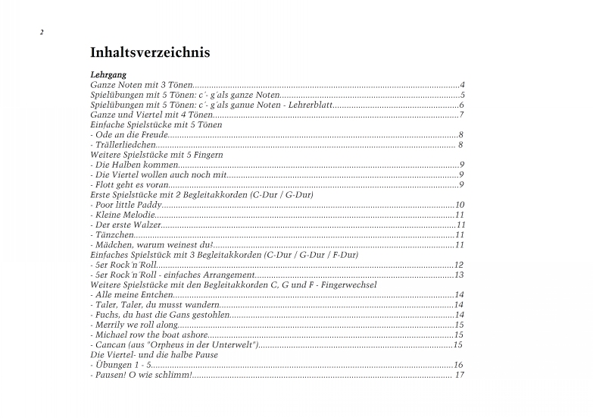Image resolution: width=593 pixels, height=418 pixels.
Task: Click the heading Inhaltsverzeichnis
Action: click(x=150, y=53)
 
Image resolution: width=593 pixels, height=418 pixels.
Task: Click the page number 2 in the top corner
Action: click(x=42, y=32)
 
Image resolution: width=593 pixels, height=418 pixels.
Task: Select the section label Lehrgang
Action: click(x=108, y=75)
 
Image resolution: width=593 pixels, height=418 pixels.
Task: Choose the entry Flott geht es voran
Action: click(x=131, y=184)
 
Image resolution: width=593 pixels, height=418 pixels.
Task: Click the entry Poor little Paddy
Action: click(x=127, y=205)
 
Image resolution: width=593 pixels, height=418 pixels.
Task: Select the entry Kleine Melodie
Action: click(x=121, y=215)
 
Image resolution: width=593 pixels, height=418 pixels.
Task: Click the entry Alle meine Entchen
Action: click(x=133, y=294)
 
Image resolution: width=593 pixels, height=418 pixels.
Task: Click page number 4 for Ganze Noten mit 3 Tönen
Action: click(x=461, y=85)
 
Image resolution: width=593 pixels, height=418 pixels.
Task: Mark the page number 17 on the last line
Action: click(x=460, y=375)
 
